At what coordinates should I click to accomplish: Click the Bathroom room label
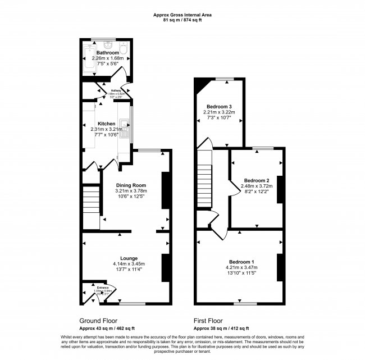[107, 53]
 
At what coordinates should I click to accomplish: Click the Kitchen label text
[107, 124]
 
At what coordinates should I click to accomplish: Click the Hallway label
[116, 90]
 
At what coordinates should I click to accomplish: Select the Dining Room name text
[131, 185]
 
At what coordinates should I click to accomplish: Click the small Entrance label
[103, 288]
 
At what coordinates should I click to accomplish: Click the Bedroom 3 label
[219, 106]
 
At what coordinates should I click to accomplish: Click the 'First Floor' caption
[211, 320]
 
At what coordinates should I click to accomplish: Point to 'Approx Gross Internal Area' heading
[183, 15]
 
